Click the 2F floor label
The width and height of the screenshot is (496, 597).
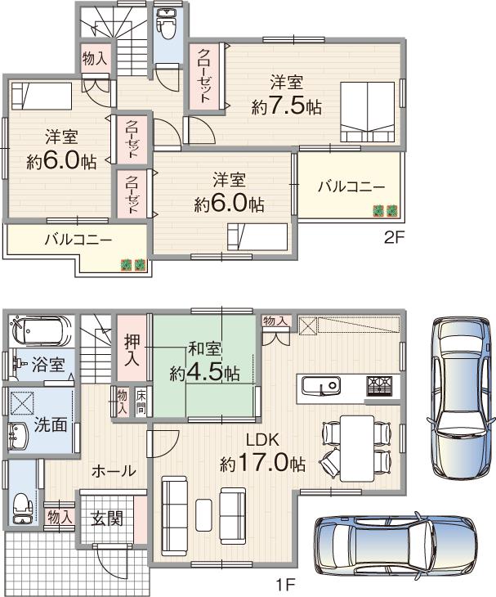pos(395,239)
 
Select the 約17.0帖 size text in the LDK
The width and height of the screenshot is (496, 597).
pos(262,464)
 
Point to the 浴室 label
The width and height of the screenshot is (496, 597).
pos(48,365)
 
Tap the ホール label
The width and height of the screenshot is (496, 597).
pos(114,471)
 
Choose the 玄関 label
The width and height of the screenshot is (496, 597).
pos(106,518)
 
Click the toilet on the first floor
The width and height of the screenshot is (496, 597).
pos(22,506)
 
